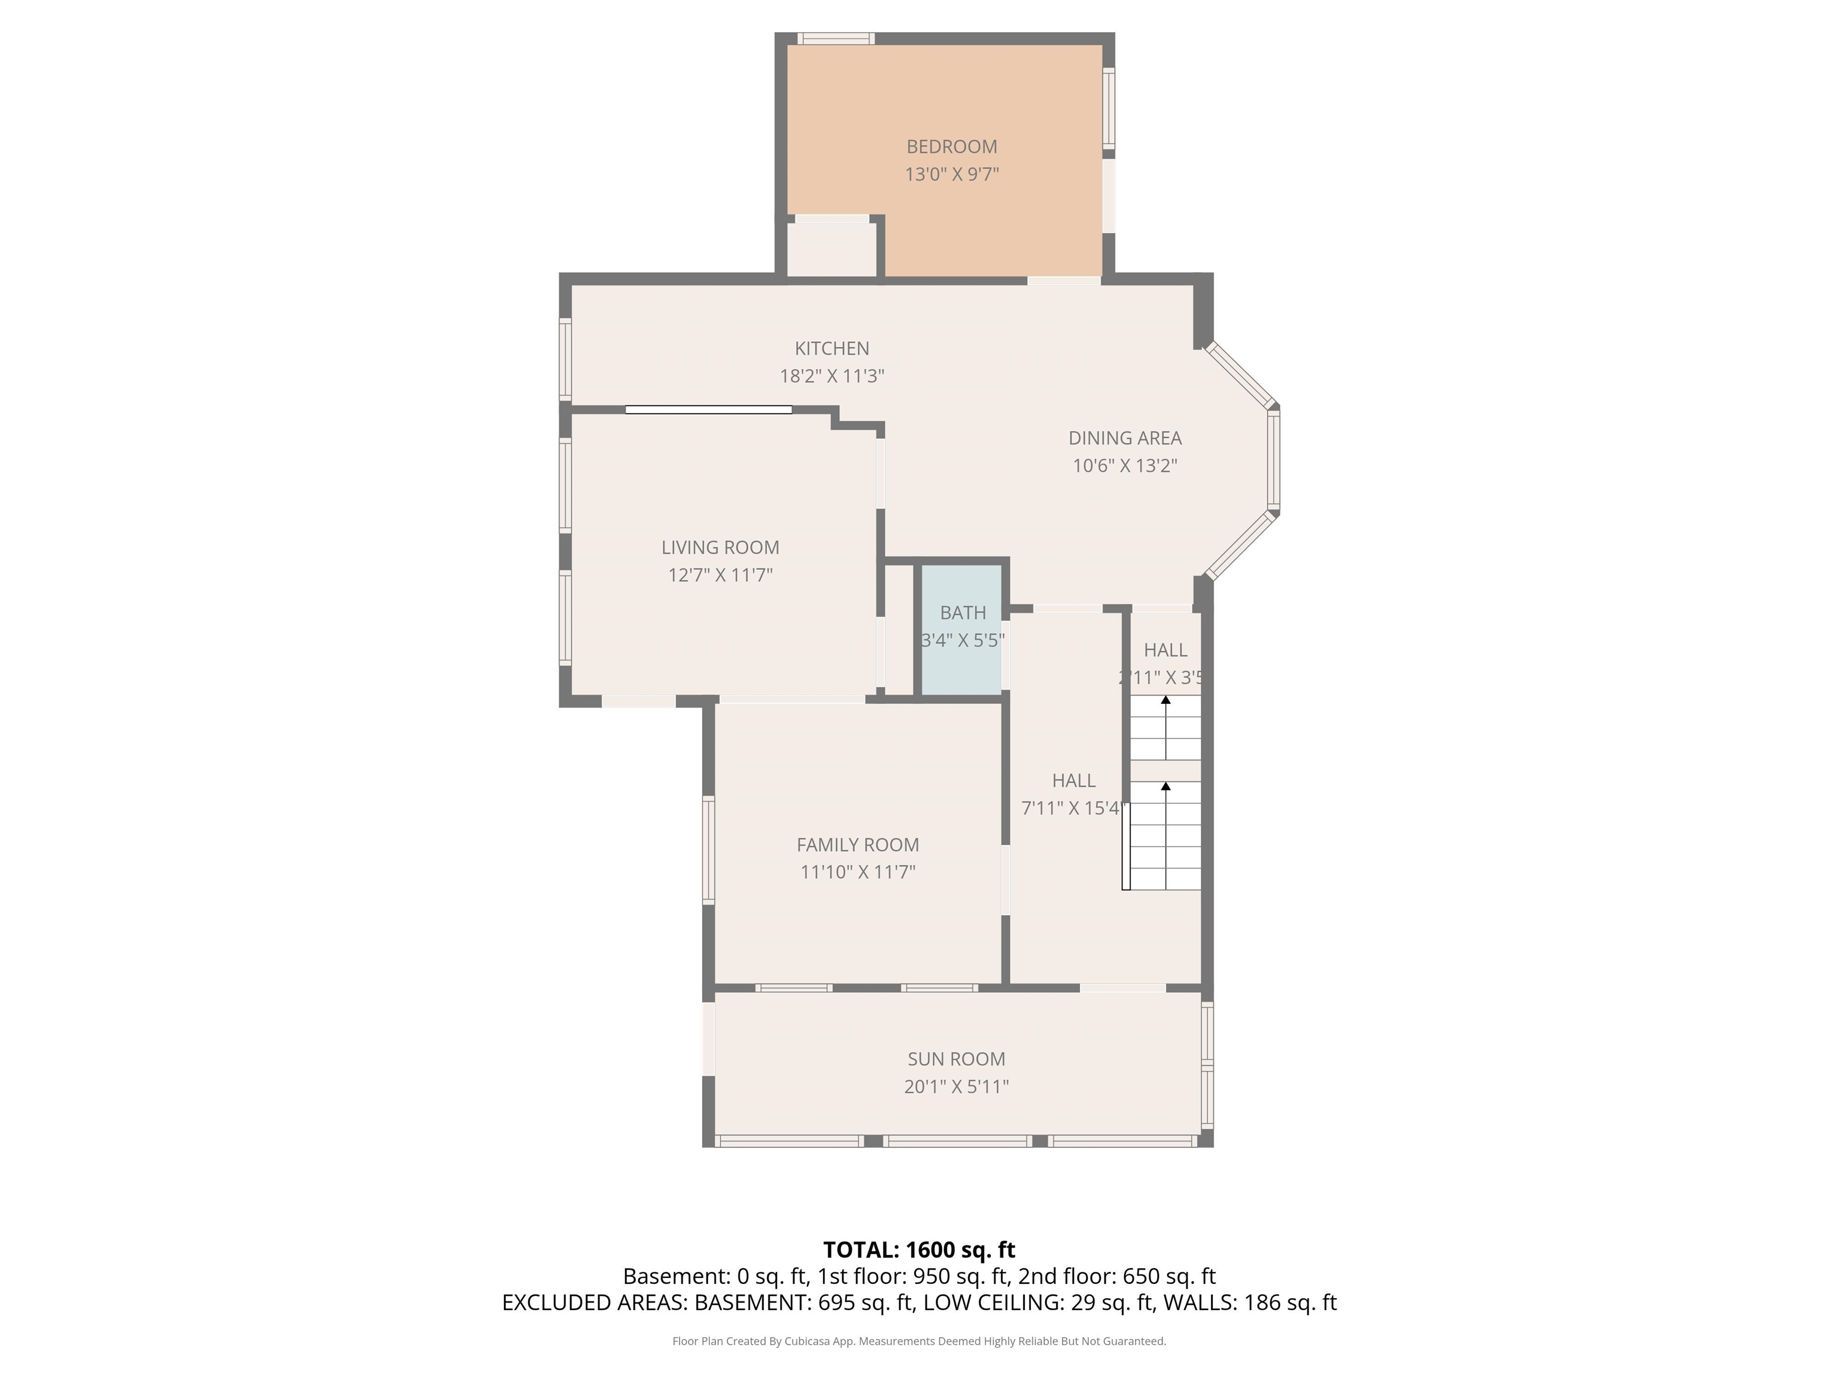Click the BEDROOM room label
(x=951, y=146)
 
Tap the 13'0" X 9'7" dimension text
(x=951, y=174)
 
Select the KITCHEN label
(x=832, y=348)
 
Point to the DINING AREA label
(x=1124, y=438)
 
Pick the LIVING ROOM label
(x=720, y=547)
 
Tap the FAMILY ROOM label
(x=857, y=845)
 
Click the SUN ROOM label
(x=956, y=1059)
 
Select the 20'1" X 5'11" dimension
(x=956, y=1086)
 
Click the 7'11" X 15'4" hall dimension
(x=1073, y=808)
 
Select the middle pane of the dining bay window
(x=1273, y=460)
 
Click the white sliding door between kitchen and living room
(x=708, y=410)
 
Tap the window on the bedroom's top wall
(x=836, y=38)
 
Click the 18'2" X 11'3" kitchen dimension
(x=832, y=376)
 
